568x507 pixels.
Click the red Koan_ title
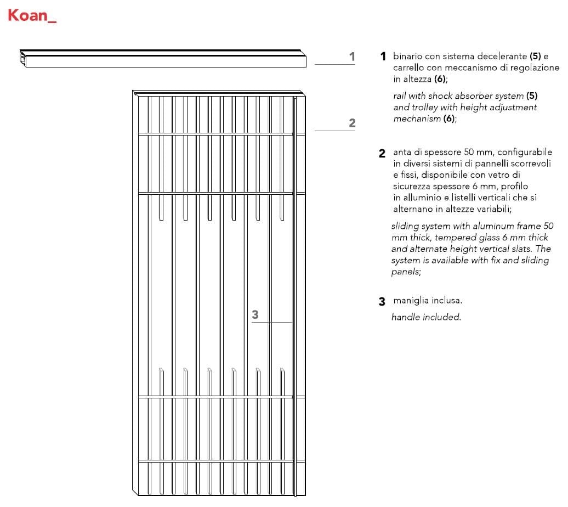click(32, 15)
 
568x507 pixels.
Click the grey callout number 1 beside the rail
click(352, 57)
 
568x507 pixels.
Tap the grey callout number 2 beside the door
click(352, 123)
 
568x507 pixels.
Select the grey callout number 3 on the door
click(255, 314)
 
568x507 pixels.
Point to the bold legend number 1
click(383, 57)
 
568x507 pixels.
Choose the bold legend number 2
click(382, 154)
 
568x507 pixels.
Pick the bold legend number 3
click(382, 301)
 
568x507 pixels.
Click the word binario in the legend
click(408, 57)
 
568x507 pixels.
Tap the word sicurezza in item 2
click(412, 187)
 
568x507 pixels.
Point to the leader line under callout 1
click(335, 65)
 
